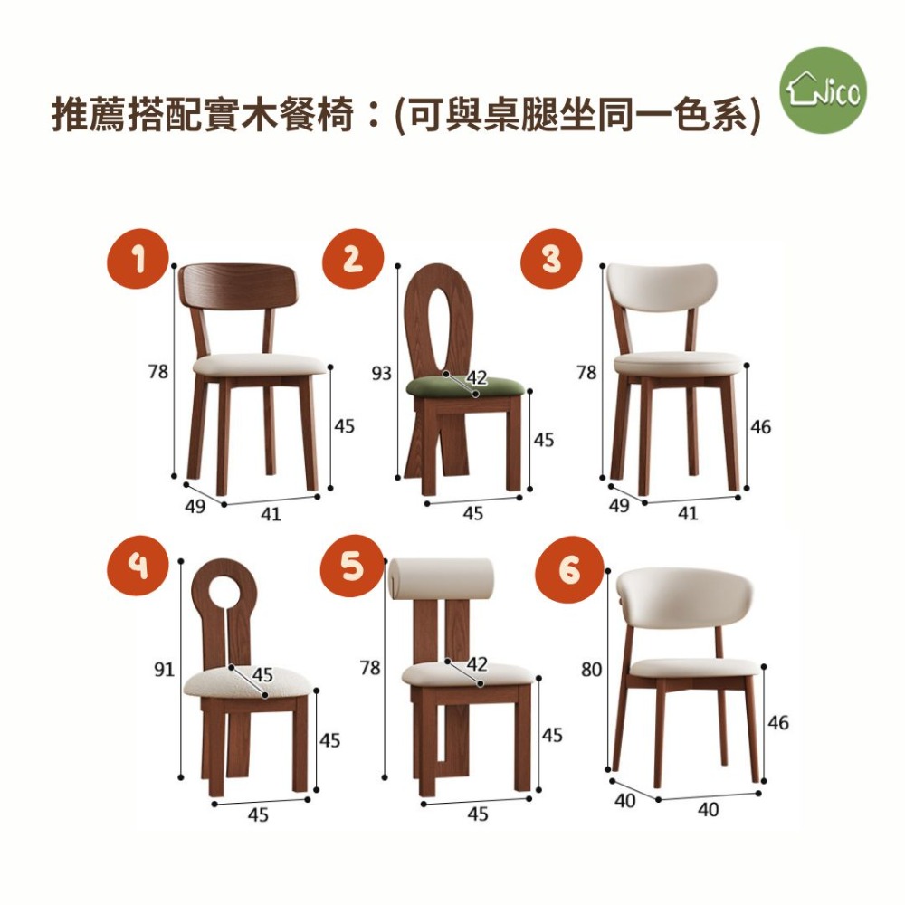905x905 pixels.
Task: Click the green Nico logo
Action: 823,90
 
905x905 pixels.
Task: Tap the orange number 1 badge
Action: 138,259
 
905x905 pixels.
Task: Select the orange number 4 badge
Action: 138,565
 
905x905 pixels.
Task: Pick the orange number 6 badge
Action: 569,569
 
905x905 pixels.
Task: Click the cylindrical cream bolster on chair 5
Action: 442,581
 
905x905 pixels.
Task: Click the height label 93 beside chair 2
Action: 381,374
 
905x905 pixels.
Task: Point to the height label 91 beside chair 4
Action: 164,669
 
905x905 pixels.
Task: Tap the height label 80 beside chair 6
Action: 591,670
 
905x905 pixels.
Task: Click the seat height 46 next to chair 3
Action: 760,426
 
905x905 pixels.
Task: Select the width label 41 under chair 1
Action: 270,513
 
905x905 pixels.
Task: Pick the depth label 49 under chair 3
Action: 619,505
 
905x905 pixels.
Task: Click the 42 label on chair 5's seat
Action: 477,663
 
